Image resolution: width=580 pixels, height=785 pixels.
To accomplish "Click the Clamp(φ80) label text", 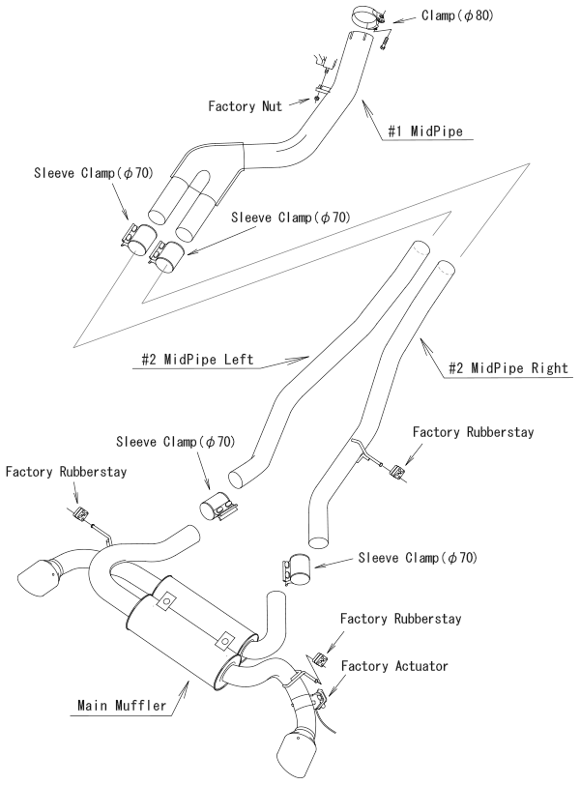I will (458, 15).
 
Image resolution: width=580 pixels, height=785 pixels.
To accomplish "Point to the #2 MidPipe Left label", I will (194, 361).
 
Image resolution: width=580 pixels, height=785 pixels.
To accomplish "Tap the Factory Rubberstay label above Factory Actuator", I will (400, 617).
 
